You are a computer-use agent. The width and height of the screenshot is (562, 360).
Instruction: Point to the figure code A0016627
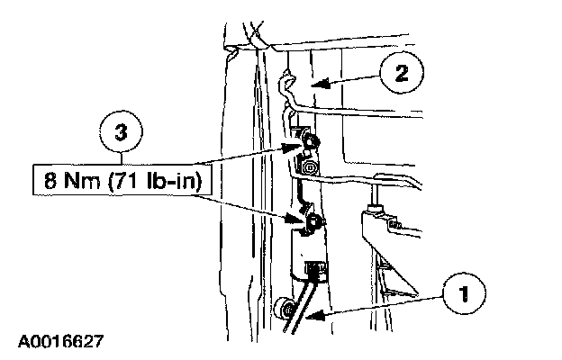[59, 342]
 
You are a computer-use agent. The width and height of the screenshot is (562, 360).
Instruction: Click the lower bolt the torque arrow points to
[314, 221]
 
